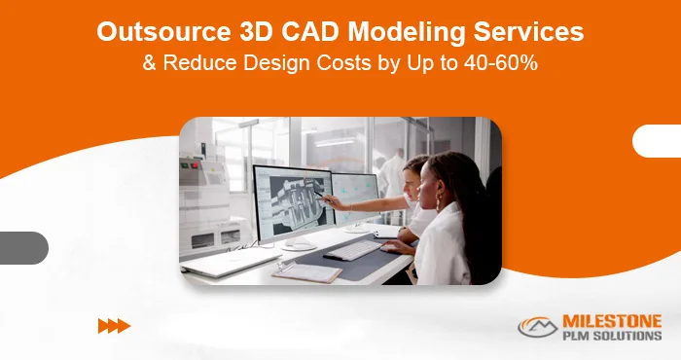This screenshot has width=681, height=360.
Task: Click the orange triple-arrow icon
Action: [114, 326]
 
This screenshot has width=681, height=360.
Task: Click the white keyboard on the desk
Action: [352, 250]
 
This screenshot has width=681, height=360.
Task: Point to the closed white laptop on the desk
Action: [223, 261]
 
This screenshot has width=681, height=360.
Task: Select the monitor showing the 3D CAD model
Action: [289, 205]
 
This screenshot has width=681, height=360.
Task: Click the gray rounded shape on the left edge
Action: [23, 247]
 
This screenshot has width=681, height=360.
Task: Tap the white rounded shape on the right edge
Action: [657, 141]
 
